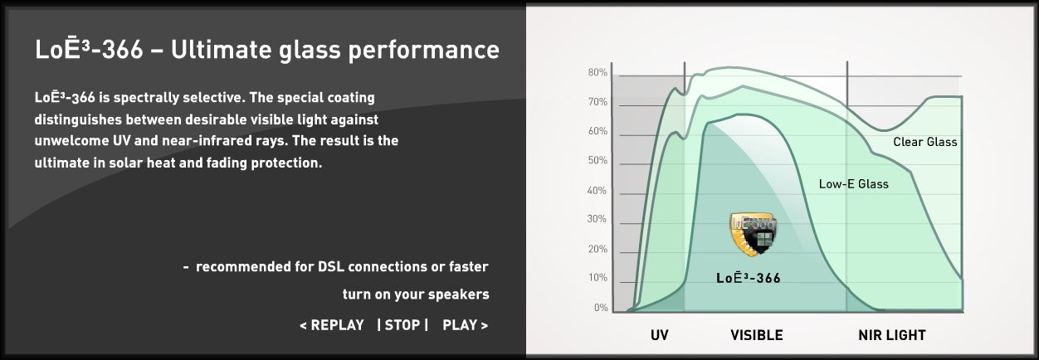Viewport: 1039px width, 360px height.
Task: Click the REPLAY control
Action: (332, 325)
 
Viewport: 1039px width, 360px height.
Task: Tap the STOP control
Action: (402, 325)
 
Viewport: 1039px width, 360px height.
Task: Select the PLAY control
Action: (466, 325)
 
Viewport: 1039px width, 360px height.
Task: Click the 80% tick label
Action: (598, 72)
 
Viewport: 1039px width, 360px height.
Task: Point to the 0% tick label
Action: (601, 308)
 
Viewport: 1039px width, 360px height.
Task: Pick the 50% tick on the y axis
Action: (598, 161)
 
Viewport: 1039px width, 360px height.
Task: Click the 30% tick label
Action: (597, 219)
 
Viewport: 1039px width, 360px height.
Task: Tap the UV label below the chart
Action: (659, 335)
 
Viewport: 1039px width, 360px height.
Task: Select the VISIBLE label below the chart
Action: (757, 335)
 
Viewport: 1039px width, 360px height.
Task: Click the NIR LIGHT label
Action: (892, 335)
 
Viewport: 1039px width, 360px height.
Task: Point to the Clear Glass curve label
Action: (925, 142)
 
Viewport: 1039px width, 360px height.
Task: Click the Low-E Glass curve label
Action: (853, 184)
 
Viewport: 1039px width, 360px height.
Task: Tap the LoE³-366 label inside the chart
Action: (749, 278)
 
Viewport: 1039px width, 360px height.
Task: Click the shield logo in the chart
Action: (754, 234)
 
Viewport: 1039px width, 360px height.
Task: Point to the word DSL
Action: (331, 267)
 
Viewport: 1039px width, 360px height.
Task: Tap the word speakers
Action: (459, 295)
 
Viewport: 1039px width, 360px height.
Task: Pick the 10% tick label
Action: (598, 278)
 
